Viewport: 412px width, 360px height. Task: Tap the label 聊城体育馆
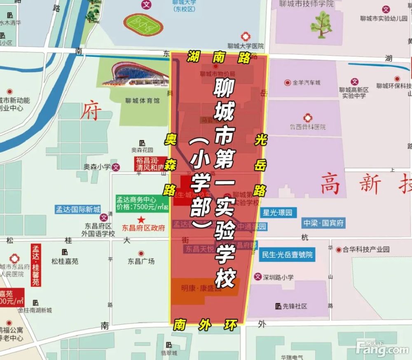coord(142,100)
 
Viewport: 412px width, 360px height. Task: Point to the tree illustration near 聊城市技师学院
coord(321,24)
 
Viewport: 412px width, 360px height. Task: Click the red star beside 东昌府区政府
coord(141,219)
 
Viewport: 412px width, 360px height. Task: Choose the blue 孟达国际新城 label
coord(78,209)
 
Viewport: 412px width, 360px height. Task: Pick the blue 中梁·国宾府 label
coord(323,223)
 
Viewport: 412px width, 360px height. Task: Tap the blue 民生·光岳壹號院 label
coord(287,255)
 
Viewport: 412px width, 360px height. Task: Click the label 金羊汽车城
coord(306,82)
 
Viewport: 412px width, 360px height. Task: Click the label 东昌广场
coord(141,261)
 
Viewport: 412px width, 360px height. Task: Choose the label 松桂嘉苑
coord(65,261)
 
